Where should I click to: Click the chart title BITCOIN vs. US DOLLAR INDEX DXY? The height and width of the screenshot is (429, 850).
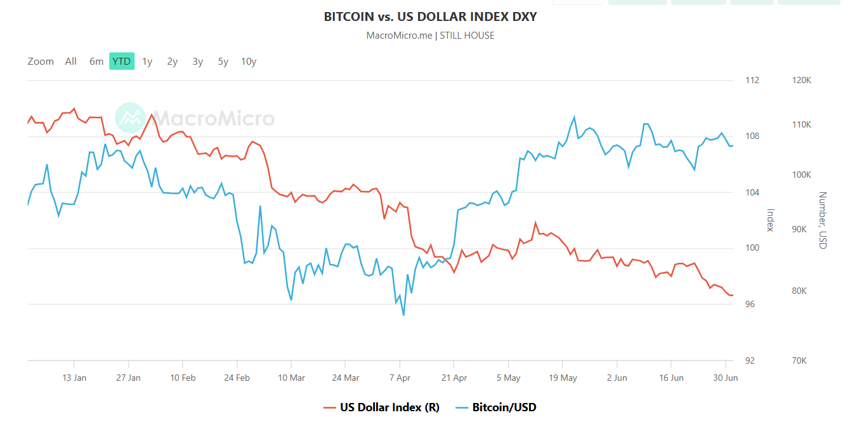pyautogui.click(x=430, y=16)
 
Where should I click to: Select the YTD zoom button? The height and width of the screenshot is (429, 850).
pyautogui.click(x=121, y=62)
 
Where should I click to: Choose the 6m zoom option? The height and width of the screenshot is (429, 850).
pyautogui.click(x=96, y=62)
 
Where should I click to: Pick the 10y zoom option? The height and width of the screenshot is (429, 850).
pyautogui.click(x=249, y=62)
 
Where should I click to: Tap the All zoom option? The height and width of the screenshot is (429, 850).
pyautogui.click(x=70, y=62)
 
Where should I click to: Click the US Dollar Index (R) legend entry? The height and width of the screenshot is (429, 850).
pyautogui.click(x=381, y=407)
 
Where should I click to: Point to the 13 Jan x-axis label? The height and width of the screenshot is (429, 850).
pyautogui.click(x=74, y=378)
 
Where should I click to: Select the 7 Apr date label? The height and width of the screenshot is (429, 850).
pyautogui.click(x=400, y=378)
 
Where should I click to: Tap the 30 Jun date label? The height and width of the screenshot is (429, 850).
pyautogui.click(x=726, y=378)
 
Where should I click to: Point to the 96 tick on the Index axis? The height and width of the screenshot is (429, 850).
pyautogui.click(x=750, y=305)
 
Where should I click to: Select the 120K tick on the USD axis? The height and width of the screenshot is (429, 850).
pyautogui.click(x=802, y=81)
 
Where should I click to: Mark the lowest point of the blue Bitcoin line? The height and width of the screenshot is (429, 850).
pyautogui.click(x=403, y=315)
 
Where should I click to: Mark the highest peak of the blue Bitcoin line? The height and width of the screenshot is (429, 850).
pyautogui.click(x=575, y=117)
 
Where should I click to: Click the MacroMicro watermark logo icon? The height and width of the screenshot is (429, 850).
pyautogui.click(x=130, y=118)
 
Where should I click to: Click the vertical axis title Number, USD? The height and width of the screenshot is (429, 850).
pyautogui.click(x=823, y=220)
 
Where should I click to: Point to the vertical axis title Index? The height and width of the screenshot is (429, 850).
pyautogui.click(x=771, y=220)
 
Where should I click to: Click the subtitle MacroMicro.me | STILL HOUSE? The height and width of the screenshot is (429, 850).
pyautogui.click(x=430, y=36)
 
